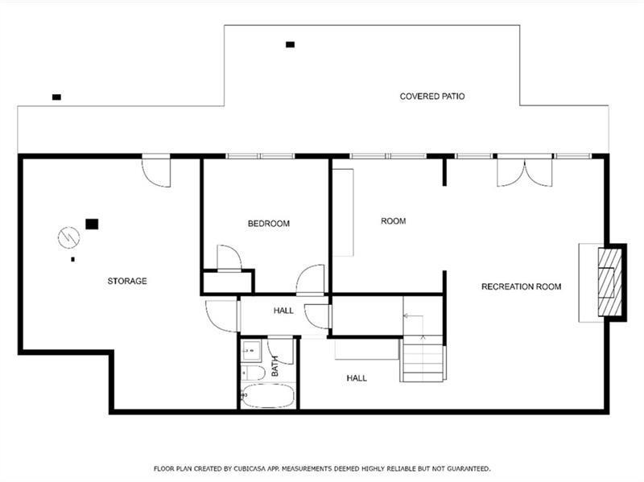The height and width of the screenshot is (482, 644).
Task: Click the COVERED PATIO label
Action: tap(432, 97)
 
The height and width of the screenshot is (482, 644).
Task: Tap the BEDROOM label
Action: tap(269, 224)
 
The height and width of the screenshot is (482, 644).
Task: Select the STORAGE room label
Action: tap(127, 282)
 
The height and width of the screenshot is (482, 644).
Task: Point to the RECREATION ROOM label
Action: tap(521, 286)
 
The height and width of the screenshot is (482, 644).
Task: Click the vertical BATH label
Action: tap(275, 366)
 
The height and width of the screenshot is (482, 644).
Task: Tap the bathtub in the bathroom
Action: tap(267, 396)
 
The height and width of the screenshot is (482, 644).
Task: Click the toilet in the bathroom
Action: tap(253, 373)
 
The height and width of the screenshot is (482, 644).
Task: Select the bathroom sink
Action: tap(250, 350)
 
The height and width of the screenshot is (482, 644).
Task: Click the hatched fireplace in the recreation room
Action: tap(609, 282)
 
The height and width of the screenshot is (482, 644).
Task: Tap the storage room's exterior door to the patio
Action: tap(156, 172)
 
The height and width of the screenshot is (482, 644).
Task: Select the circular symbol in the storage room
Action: tap(68, 237)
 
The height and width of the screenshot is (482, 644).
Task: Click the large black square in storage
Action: tap(92, 224)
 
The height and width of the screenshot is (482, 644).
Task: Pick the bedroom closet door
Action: tap(229, 257)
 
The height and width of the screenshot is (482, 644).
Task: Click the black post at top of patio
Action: tap(291, 45)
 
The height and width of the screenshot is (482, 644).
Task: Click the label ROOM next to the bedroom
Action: tap(393, 221)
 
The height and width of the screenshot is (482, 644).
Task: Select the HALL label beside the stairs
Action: tap(357, 378)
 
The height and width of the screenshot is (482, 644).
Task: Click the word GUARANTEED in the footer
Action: tap(469, 468)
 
